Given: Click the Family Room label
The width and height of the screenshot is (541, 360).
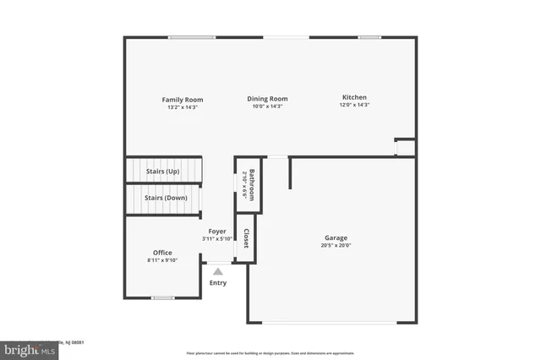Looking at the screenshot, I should (183, 100).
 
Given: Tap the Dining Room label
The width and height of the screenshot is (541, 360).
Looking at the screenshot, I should (267, 98).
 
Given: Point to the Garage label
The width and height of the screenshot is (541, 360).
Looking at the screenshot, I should (336, 238).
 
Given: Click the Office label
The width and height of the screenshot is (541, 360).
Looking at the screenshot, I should (162, 253).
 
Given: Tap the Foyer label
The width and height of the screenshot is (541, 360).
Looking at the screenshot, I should (217, 231).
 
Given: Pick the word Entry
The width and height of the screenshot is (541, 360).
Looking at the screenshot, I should (218, 282).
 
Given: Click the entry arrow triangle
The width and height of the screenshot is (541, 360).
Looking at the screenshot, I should (218, 271).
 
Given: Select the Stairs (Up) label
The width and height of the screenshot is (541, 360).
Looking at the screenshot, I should (162, 172).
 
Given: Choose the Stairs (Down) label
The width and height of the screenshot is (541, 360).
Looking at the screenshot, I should (166, 198).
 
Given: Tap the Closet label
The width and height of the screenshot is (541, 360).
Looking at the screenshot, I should (246, 239).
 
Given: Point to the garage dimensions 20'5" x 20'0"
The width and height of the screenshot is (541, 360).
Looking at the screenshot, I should (336, 246).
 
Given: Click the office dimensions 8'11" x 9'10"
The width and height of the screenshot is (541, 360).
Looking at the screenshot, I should (162, 260).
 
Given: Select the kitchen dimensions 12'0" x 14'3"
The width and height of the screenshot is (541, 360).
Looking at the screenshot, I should (355, 106).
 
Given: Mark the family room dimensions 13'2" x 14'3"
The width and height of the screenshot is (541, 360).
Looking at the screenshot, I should (183, 107).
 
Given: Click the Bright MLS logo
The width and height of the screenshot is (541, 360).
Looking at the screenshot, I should (30, 349).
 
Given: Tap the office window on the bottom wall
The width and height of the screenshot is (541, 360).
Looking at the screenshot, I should (163, 297).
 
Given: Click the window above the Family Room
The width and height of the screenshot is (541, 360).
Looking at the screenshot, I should (191, 37).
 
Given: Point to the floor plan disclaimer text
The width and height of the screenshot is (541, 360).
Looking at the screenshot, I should (270, 352).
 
